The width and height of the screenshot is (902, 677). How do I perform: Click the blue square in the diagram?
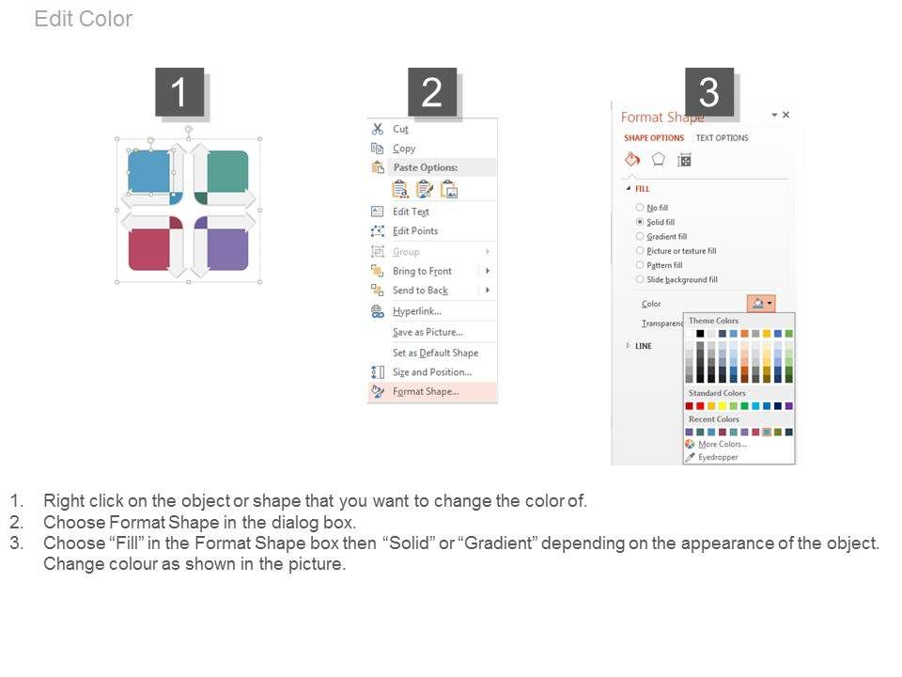149,171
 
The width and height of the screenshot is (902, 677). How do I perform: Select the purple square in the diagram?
227,249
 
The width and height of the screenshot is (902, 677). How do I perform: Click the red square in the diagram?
149,249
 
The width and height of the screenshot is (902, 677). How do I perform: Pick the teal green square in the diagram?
227,171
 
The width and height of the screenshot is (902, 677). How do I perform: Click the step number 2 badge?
432,92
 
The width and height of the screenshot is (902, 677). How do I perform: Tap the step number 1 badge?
179,92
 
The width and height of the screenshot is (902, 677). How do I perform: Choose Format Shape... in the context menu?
426,391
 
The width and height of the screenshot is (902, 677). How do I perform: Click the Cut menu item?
400,129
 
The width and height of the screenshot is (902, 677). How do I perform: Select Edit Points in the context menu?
415,231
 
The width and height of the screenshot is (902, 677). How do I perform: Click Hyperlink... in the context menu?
417,311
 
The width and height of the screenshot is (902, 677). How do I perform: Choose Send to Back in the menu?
421,291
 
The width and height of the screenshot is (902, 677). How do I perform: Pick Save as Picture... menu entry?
428,332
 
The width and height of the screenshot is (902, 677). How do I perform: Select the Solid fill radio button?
640,222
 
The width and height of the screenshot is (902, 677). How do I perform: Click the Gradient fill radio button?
640,236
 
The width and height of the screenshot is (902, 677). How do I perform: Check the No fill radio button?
640,207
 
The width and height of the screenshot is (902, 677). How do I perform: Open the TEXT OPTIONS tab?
722,138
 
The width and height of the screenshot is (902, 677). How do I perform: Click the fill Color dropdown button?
761,303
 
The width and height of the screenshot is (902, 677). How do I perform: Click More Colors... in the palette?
723,444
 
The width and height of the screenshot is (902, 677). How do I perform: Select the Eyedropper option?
718,457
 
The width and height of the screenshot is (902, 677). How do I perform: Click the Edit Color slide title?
84,19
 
